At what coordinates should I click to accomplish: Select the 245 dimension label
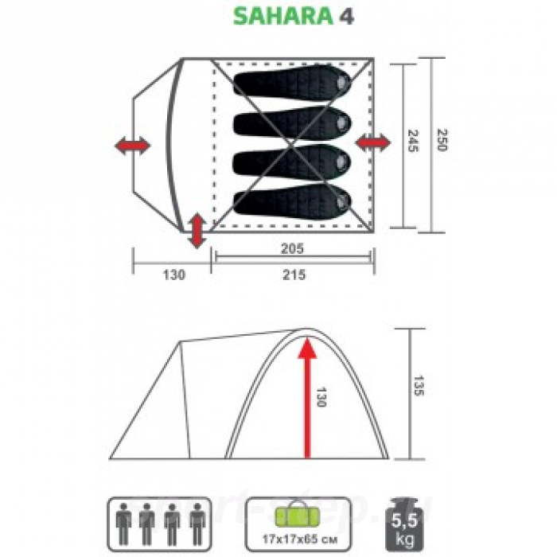pyautogui.click(x=412, y=142)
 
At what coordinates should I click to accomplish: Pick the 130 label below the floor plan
pyautogui.click(x=173, y=275)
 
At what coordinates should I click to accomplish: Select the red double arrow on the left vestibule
pyautogui.click(x=131, y=146)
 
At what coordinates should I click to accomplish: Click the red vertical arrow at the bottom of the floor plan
pyautogui.click(x=196, y=231)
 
